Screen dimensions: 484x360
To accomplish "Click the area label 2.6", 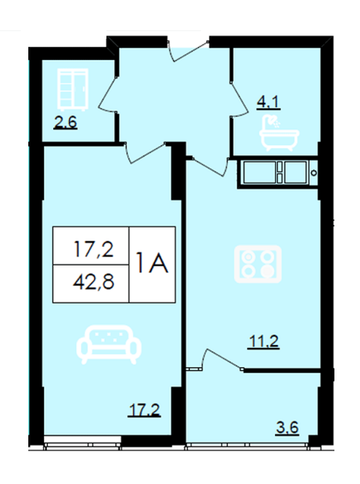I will click(66, 124).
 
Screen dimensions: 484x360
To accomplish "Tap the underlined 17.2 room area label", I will click(144, 411).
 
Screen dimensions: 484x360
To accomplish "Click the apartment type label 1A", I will click(152, 263).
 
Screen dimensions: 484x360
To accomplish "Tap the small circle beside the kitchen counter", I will click(314, 172).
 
